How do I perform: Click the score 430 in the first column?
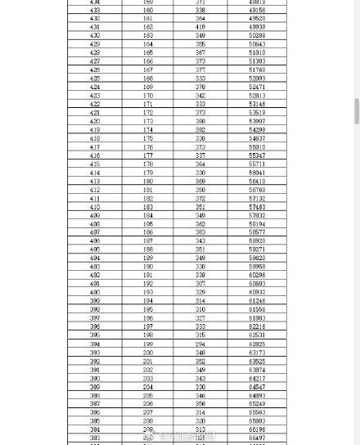[95, 36]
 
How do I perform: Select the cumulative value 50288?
[257, 36]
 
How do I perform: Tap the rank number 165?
[148, 53]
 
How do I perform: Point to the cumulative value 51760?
[257, 70]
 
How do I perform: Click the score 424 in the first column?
[95, 88]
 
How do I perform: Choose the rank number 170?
[148, 96]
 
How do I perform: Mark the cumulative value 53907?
[257, 122]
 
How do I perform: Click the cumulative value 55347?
[257, 155]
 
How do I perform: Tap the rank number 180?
[148, 182]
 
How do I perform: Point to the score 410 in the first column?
[95, 207]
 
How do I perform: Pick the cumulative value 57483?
[257, 207]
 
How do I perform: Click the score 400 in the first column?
[95, 292]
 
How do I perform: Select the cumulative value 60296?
[257, 275]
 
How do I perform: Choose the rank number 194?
[148, 301]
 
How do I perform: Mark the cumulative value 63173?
[257, 353]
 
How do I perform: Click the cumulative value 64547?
[257, 387]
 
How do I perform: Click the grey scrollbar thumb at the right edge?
[357, 111]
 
